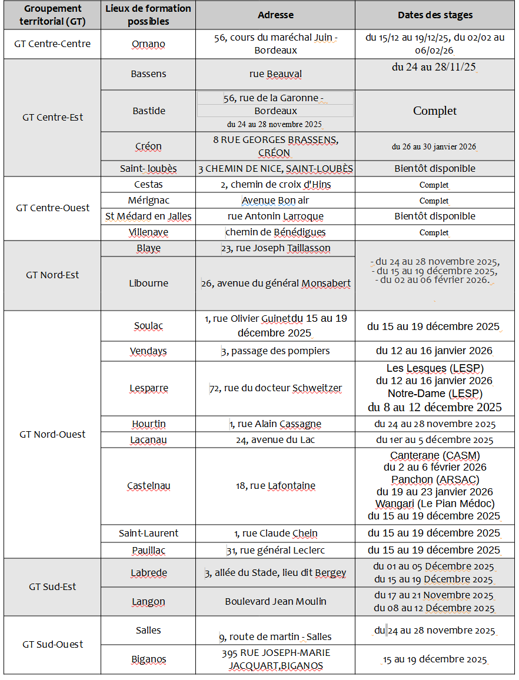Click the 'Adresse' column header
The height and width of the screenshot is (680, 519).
pos(275,15)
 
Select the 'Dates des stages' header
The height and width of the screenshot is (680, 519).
pos(435,15)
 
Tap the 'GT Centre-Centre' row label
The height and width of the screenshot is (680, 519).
pos(52,44)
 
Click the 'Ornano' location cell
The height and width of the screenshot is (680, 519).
pos(148,44)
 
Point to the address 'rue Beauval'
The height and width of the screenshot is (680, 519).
pos(275,74)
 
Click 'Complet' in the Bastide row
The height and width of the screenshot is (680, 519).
pos(435,111)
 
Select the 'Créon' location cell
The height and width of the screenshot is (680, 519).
pos(148,146)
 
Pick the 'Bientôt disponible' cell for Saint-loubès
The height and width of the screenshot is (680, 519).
pos(435,168)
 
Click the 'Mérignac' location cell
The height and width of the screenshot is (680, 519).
pos(148,201)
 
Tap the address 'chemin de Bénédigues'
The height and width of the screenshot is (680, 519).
pos(275,232)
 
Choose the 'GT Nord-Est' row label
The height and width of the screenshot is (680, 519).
pos(52,275)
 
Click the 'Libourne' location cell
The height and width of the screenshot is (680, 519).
pos(148,283)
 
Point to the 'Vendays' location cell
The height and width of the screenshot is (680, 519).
pos(148,351)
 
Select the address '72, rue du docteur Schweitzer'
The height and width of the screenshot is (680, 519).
pos(275,388)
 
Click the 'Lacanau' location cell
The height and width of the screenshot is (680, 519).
pos(148,440)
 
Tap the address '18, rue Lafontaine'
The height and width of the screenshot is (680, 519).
pos(275,486)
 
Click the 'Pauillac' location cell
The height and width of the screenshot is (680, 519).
pos(148,551)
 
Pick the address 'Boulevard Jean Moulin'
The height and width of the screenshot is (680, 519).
pos(275,601)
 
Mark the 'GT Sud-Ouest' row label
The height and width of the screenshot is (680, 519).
pos(52,644)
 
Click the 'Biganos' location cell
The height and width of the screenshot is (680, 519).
pos(148,659)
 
